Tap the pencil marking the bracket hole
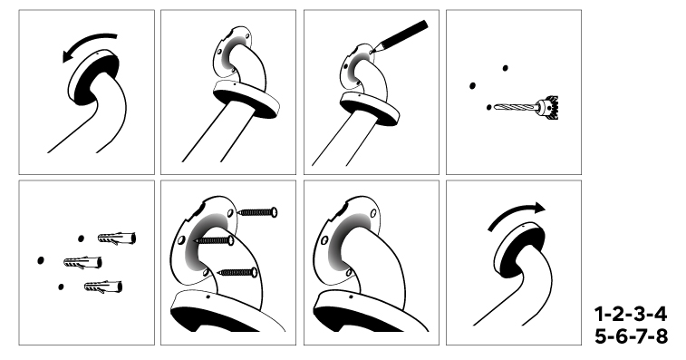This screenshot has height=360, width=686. click(400, 36)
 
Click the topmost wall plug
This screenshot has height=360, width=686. click(116, 238)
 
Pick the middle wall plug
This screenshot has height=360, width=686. click(83, 263)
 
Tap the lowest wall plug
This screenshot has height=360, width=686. click(103, 287)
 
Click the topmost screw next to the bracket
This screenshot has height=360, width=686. click(257, 212)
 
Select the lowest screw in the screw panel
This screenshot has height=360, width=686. click(237, 272)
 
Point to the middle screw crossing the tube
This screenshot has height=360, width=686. click(214, 240)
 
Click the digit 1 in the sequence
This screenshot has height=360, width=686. click(599, 315)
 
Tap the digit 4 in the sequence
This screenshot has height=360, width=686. click(660, 315)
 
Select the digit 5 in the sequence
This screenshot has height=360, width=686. click(601, 336)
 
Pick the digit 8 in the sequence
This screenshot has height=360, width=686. click(662, 336)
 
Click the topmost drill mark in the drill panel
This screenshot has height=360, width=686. click(506, 68)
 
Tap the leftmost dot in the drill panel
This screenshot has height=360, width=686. click(472, 86)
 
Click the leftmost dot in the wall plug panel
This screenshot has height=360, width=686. click(41, 260)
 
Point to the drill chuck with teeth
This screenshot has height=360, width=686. click(548, 107)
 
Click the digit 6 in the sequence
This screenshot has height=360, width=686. click(622, 336)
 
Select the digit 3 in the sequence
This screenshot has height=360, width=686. click(640, 315)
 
